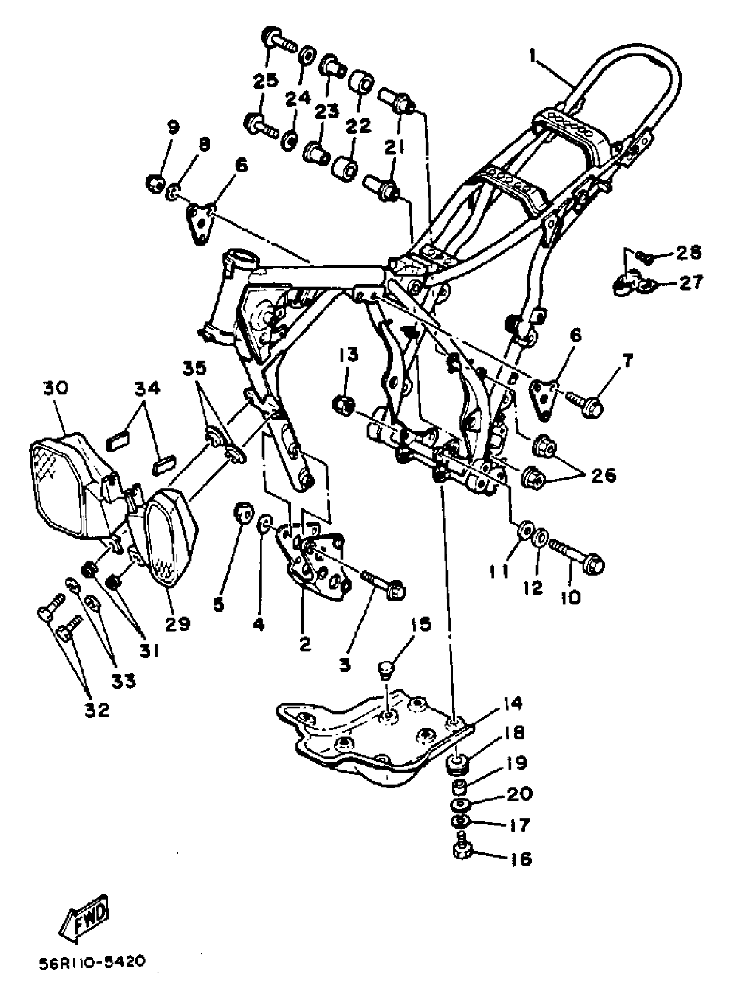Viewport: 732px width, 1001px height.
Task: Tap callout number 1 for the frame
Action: tap(533, 56)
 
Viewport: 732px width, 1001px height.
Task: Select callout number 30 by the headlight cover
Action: tap(56, 388)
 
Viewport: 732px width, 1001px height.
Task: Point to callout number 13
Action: tap(349, 355)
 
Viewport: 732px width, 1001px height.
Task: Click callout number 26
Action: tap(603, 475)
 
